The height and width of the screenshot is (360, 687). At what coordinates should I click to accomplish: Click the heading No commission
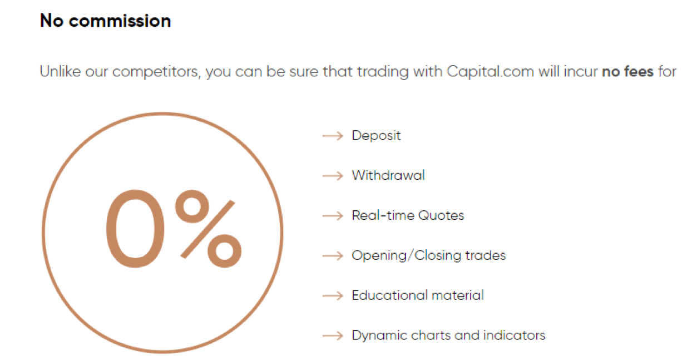point(105,21)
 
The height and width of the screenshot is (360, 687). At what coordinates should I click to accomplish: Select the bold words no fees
point(628,71)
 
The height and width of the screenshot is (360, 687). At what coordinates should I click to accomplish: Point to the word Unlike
point(60,71)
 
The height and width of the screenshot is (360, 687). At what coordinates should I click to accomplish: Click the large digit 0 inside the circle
point(135,229)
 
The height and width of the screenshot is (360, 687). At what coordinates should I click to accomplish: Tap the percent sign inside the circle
point(208,229)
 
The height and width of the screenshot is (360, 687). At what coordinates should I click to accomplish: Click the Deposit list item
point(376,136)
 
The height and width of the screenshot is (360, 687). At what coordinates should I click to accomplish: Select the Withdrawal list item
point(388,175)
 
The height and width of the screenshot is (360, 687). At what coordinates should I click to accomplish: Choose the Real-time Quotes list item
point(408,215)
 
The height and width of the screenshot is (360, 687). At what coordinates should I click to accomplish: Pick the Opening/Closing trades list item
point(429,256)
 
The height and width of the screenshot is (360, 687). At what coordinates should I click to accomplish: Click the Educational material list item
point(418,295)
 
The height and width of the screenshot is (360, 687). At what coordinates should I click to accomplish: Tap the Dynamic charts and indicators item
point(448,336)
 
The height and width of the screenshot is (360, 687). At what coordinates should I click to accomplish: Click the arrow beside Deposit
point(333,136)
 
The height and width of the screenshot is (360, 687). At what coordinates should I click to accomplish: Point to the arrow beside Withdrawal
point(333,176)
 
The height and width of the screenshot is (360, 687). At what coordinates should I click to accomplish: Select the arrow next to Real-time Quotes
point(333,216)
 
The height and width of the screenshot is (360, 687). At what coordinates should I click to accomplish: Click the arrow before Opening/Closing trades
point(333,256)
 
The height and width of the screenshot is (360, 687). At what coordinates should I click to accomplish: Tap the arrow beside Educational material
point(333,295)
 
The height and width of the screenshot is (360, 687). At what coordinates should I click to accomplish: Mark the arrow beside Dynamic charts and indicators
point(333,336)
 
